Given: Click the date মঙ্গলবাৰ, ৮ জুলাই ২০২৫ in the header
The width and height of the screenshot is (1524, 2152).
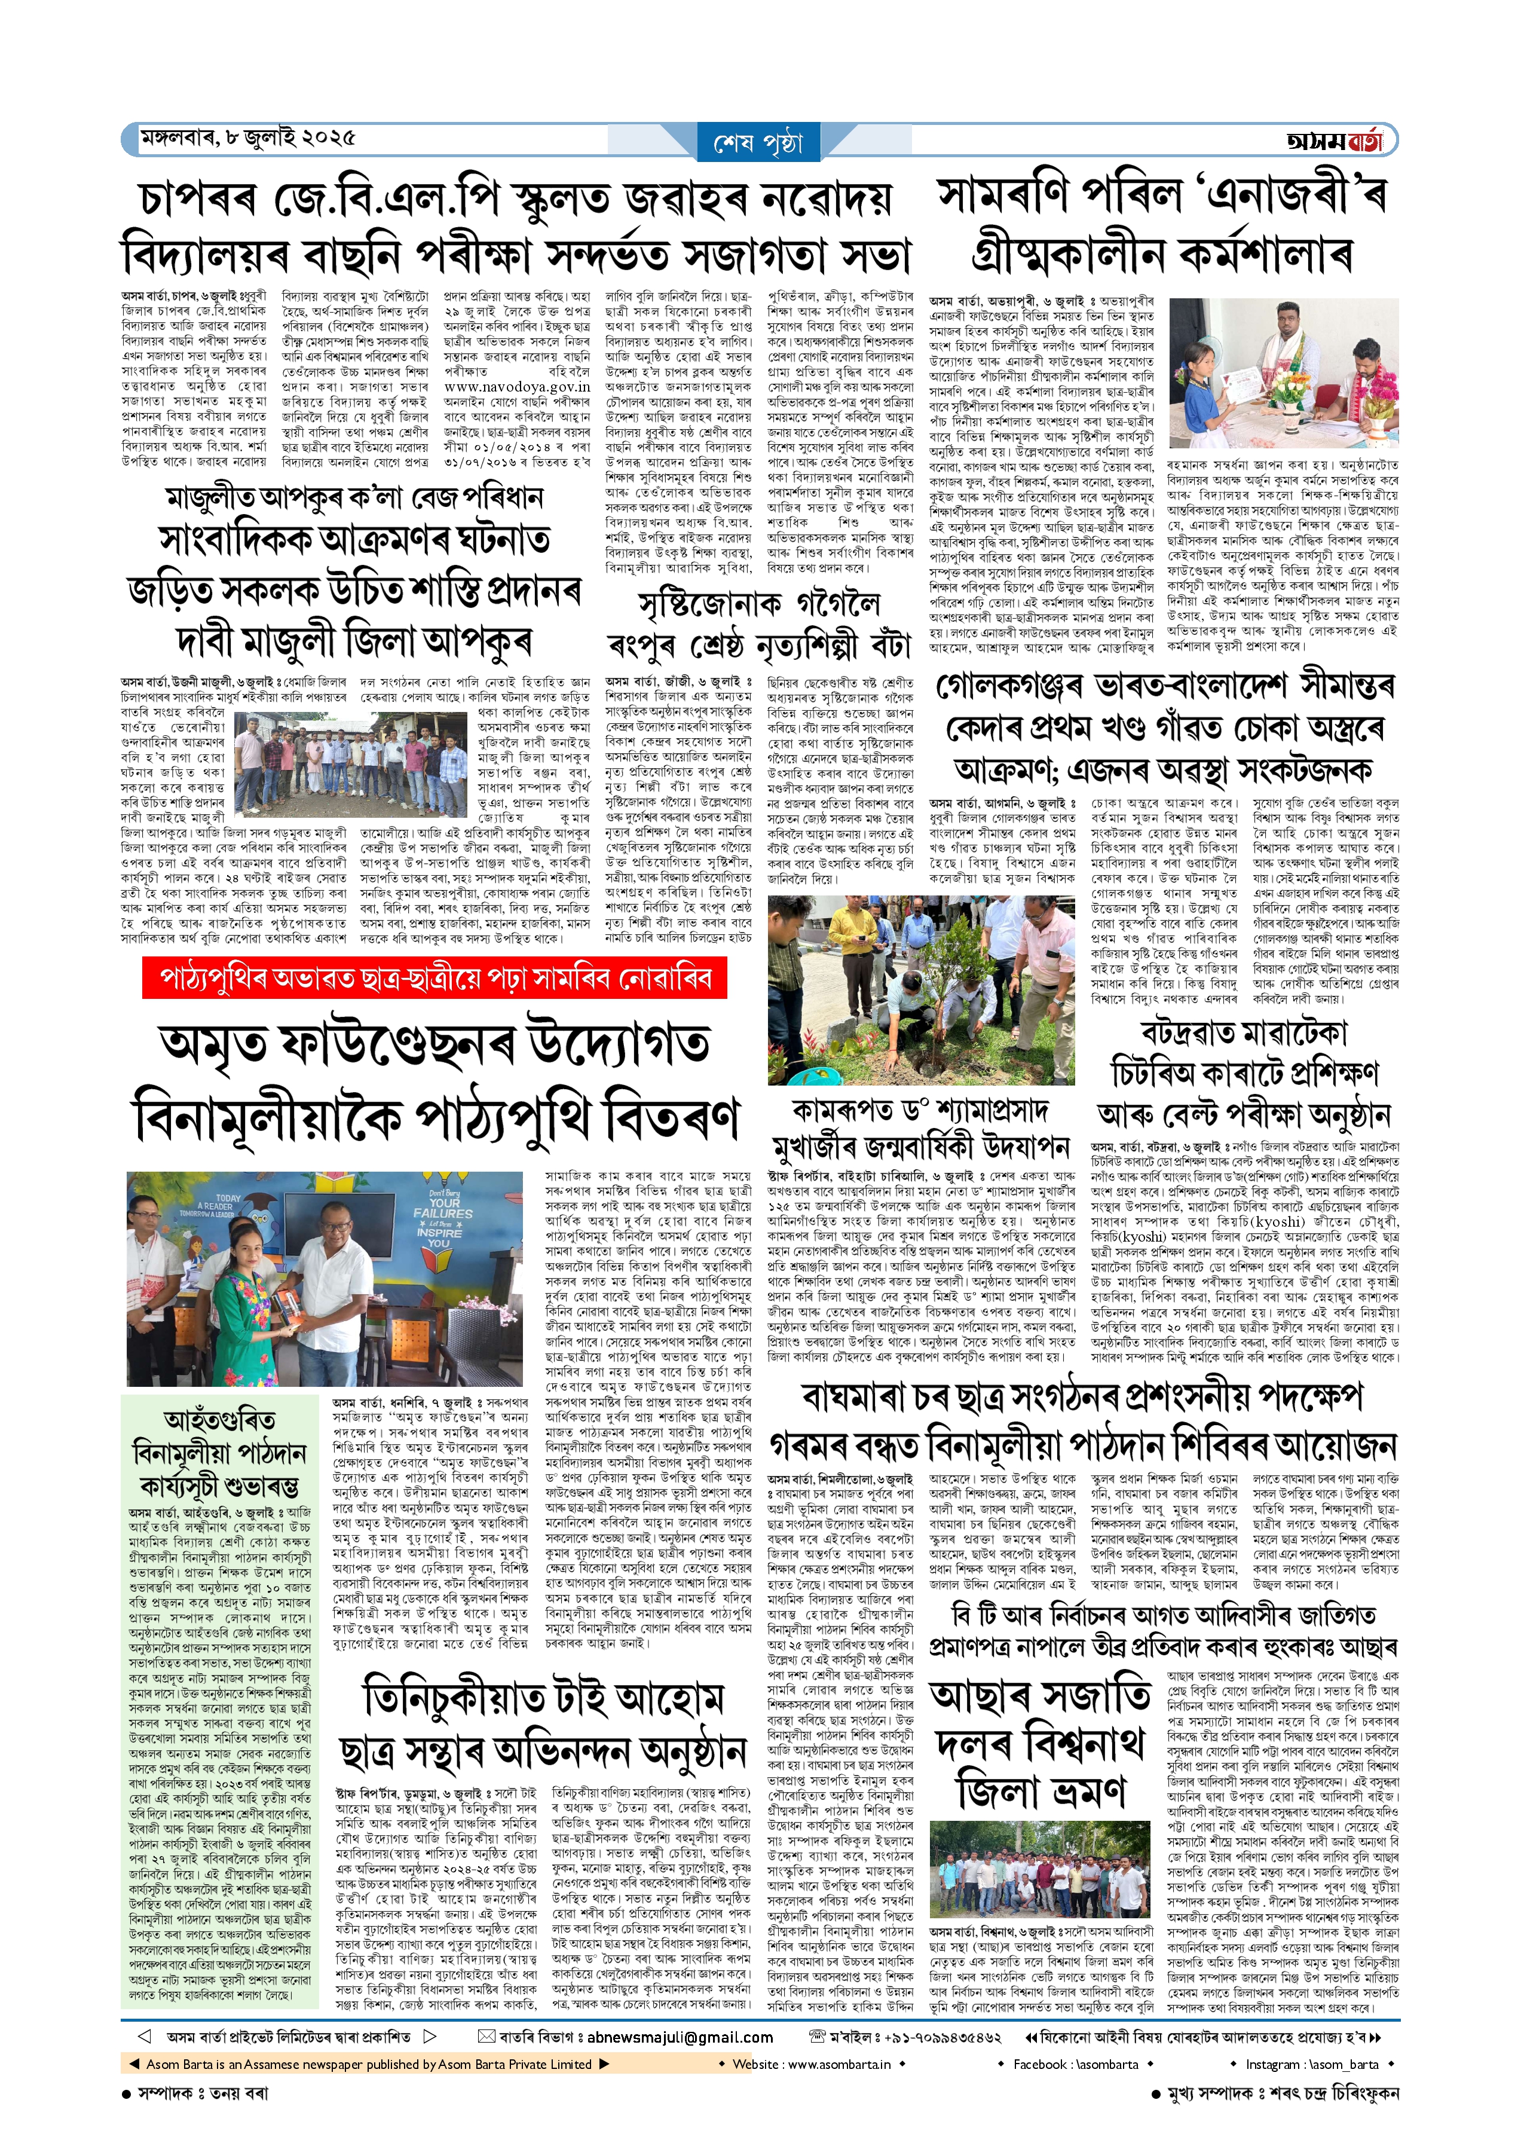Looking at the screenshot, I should (x=248, y=139).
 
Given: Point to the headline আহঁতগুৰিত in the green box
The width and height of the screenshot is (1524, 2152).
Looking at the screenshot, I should (x=219, y=1419).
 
